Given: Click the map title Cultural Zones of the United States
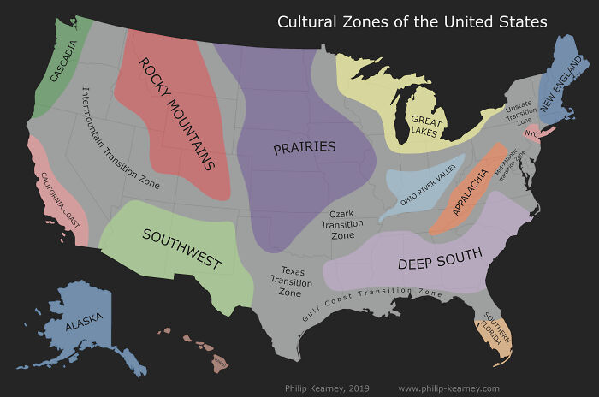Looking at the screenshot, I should pyautogui.click(x=412, y=21).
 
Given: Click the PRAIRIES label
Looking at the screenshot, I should pyautogui.click(x=304, y=147).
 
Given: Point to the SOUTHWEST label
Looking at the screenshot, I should pyautogui.click(x=181, y=249).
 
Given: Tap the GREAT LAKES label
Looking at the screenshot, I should pyautogui.click(x=424, y=127).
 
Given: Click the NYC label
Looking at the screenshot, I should pyautogui.click(x=531, y=134).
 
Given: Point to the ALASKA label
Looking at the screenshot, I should pyautogui.click(x=84, y=323).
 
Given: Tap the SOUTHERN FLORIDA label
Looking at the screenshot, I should pyautogui.click(x=497, y=327).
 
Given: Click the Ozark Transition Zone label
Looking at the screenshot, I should pyautogui.click(x=342, y=223).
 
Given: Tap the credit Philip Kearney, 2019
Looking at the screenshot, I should pyautogui.click(x=327, y=388).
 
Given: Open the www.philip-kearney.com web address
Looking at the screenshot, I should pyautogui.click(x=448, y=388).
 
